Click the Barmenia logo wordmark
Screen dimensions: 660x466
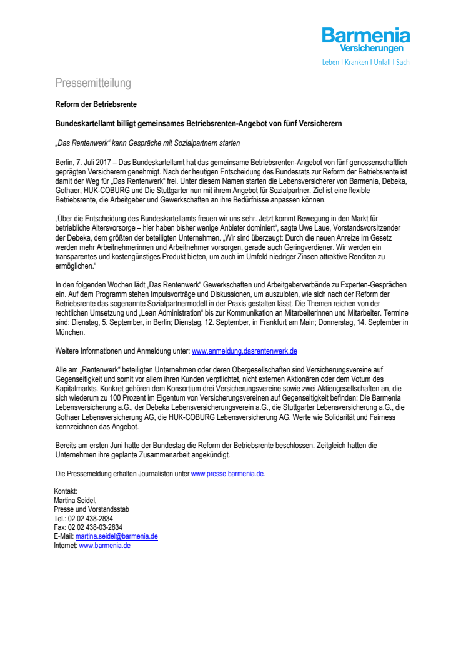point(366,36)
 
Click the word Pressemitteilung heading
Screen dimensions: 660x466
point(93,83)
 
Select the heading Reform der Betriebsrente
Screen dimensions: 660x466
point(96,104)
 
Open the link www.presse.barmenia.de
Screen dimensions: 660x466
point(227,474)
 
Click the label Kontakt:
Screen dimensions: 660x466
point(66,491)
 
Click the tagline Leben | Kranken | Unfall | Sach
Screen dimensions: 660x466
point(365,62)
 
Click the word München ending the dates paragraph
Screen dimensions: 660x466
point(70,333)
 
